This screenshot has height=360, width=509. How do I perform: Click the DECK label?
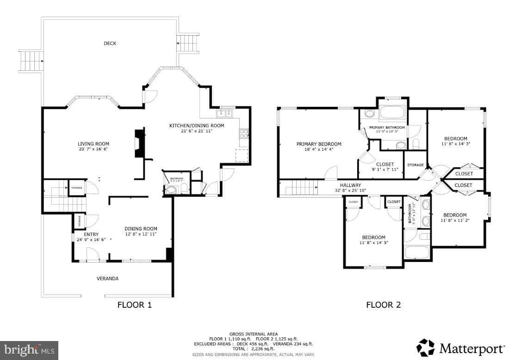pos(110,43)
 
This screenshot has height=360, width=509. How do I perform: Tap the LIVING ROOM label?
pos(93,144)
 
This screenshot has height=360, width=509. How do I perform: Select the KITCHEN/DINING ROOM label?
pos(197,125)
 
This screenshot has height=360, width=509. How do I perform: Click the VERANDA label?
pos(107,279)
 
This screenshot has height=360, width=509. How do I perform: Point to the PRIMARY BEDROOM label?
pos(319,144)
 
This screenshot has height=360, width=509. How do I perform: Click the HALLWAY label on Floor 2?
pos(350,185)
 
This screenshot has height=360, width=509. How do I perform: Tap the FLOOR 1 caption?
pos(135,305)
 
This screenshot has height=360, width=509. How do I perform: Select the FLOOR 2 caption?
pos(384,305)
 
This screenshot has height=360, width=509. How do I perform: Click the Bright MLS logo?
pos(30,349)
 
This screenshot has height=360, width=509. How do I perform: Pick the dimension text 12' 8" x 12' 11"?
pos(141,234)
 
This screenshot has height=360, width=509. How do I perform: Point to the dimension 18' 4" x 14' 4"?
pos(319,149)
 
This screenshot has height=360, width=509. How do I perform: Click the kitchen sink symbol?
pos(225,113)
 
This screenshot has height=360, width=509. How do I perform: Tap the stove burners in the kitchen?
pos(243,134)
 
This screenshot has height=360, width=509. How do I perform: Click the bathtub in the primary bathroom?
pos(392,113)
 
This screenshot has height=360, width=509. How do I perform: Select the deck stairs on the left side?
pos(31,61)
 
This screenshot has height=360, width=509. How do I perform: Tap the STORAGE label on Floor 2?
pos(415,165)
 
